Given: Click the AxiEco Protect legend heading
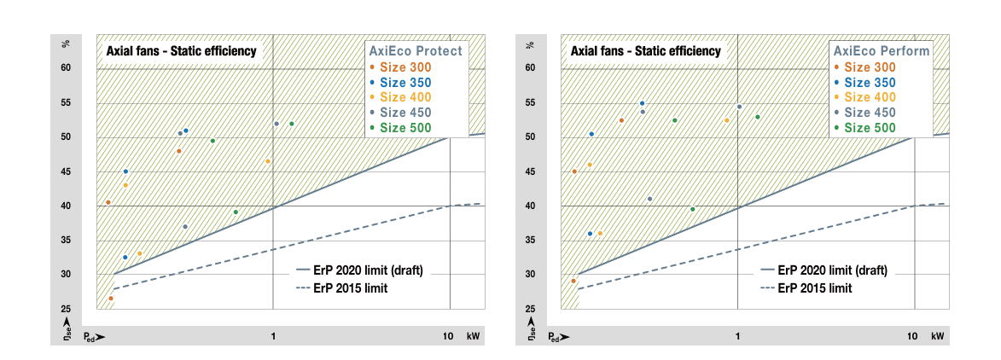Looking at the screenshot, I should click(x=415, y=51).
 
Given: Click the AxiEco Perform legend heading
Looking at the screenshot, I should click(x=880, y=51).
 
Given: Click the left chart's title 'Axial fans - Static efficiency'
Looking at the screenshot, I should click(x=181, y=51).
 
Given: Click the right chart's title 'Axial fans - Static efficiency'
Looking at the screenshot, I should click(x=646, y=51).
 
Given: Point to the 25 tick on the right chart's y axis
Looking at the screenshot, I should click(x=530, y=309).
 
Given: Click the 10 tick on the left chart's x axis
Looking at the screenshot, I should click(x=448, y=337).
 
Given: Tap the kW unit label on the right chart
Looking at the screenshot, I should click(x=938, y=337).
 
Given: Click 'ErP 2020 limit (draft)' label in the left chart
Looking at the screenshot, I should click(x=368, y=270).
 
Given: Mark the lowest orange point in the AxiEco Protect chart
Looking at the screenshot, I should click(x=111, y=299).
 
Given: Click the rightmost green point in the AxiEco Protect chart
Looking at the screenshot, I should click(x=292, y=124).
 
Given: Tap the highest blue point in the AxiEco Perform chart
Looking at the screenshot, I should click(x=643, y=103).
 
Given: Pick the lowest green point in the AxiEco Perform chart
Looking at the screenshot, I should click(x=692, y=209).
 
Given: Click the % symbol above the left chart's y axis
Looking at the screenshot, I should click(x=65, y=44).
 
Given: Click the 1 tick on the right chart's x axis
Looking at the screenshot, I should click(x=737, y=337).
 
